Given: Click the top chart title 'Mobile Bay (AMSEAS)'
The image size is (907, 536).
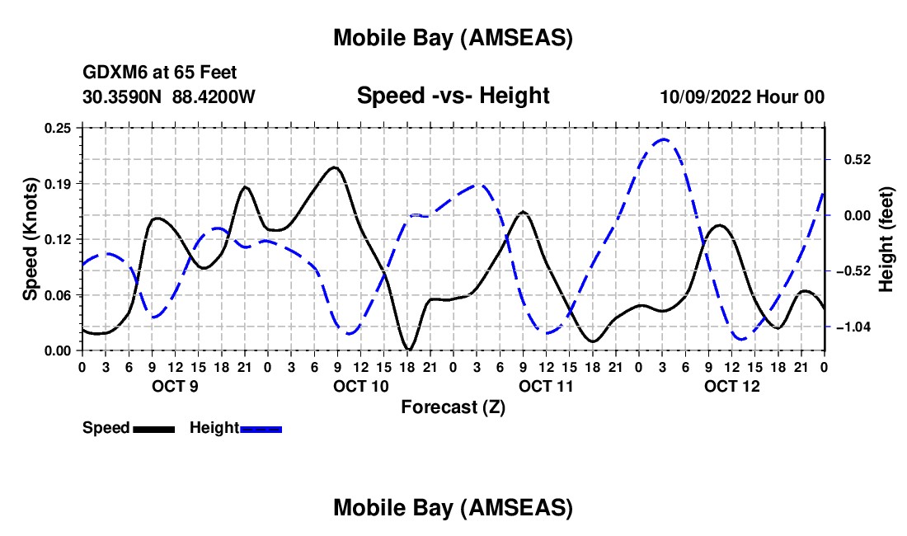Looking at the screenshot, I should (453, 37).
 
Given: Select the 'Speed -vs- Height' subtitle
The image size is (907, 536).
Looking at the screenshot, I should (453, 96).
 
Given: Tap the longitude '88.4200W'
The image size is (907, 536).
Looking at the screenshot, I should (214, 96).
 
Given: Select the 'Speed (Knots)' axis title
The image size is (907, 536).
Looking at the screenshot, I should (31, 239).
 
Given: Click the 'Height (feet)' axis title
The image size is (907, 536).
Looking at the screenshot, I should (886, 239).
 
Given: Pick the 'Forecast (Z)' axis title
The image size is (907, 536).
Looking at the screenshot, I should (453, 407).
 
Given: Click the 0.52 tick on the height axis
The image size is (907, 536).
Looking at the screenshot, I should (850, 159).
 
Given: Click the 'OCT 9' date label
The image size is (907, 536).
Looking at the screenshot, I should (174, 386).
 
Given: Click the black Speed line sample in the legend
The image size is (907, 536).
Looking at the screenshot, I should (153, 429).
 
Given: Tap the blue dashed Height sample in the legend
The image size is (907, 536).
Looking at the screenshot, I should (261, 429).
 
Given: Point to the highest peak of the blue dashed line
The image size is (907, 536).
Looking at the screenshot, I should (664, 139).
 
